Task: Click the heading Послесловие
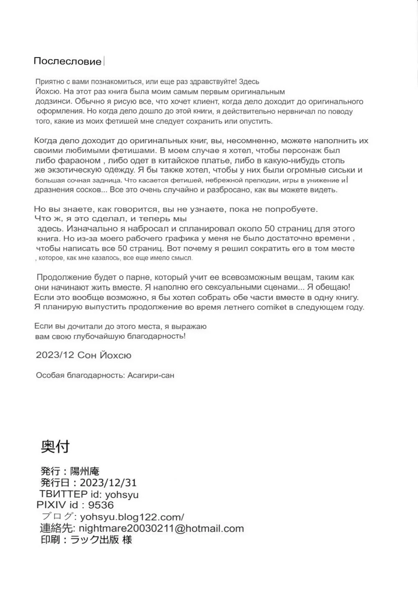click(x=67, y=61)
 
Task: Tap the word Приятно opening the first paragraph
click(x=50, y=82)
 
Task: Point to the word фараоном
click(x=71, y=160)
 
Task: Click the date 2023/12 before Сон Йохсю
click(x=55, y=355)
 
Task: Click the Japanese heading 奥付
click(x=55, y=446)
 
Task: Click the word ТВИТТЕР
click(x=64, y=494)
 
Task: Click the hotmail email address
click(x=161, y=528)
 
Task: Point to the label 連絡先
click(x=56, y=528)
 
